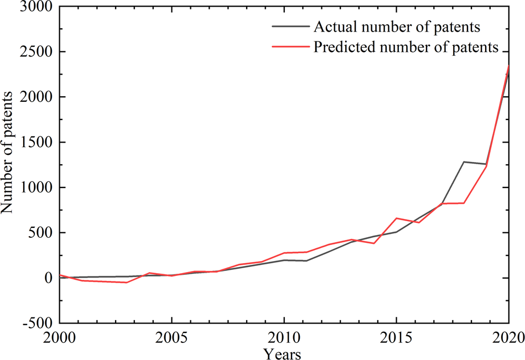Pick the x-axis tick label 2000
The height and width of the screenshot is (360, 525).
[60, 337]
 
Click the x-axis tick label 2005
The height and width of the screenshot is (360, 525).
[172, 337]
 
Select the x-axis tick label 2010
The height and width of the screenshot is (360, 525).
[284, 337]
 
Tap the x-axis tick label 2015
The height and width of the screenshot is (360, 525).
[396, 337]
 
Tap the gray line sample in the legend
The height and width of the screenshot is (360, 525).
[290, 27]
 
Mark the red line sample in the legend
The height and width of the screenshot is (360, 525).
[290, 48]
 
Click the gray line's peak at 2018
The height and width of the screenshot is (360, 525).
[464, 162]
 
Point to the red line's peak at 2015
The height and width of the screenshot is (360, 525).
[396, 218]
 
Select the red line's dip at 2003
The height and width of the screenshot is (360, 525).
[127, 283]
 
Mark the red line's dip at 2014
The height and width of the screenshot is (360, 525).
[374, 243]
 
